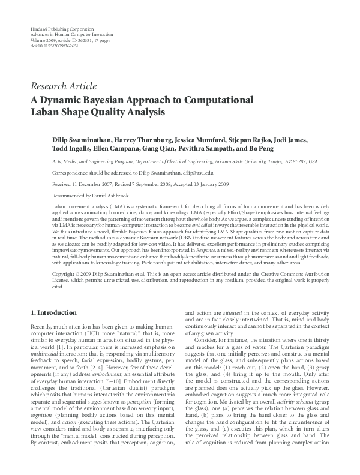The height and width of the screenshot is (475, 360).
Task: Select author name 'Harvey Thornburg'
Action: (148, 140)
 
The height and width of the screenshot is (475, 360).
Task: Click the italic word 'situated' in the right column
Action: (241, 329)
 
